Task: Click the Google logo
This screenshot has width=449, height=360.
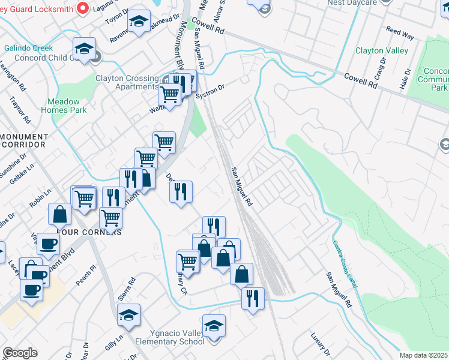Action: click(20, 353)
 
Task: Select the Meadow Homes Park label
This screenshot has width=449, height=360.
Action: click(64, 106)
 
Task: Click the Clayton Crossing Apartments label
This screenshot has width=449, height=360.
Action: click(126, 82)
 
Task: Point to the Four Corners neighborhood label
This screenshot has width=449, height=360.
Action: click(89, 231)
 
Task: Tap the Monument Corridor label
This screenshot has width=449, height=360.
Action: click(23, 140)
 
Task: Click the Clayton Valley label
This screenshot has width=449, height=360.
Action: click(382, 51)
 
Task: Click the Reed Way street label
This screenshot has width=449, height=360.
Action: click(400, 32)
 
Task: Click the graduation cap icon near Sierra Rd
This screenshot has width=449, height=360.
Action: click(128, 315)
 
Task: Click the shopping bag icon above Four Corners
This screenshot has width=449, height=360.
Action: click(61, 214)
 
